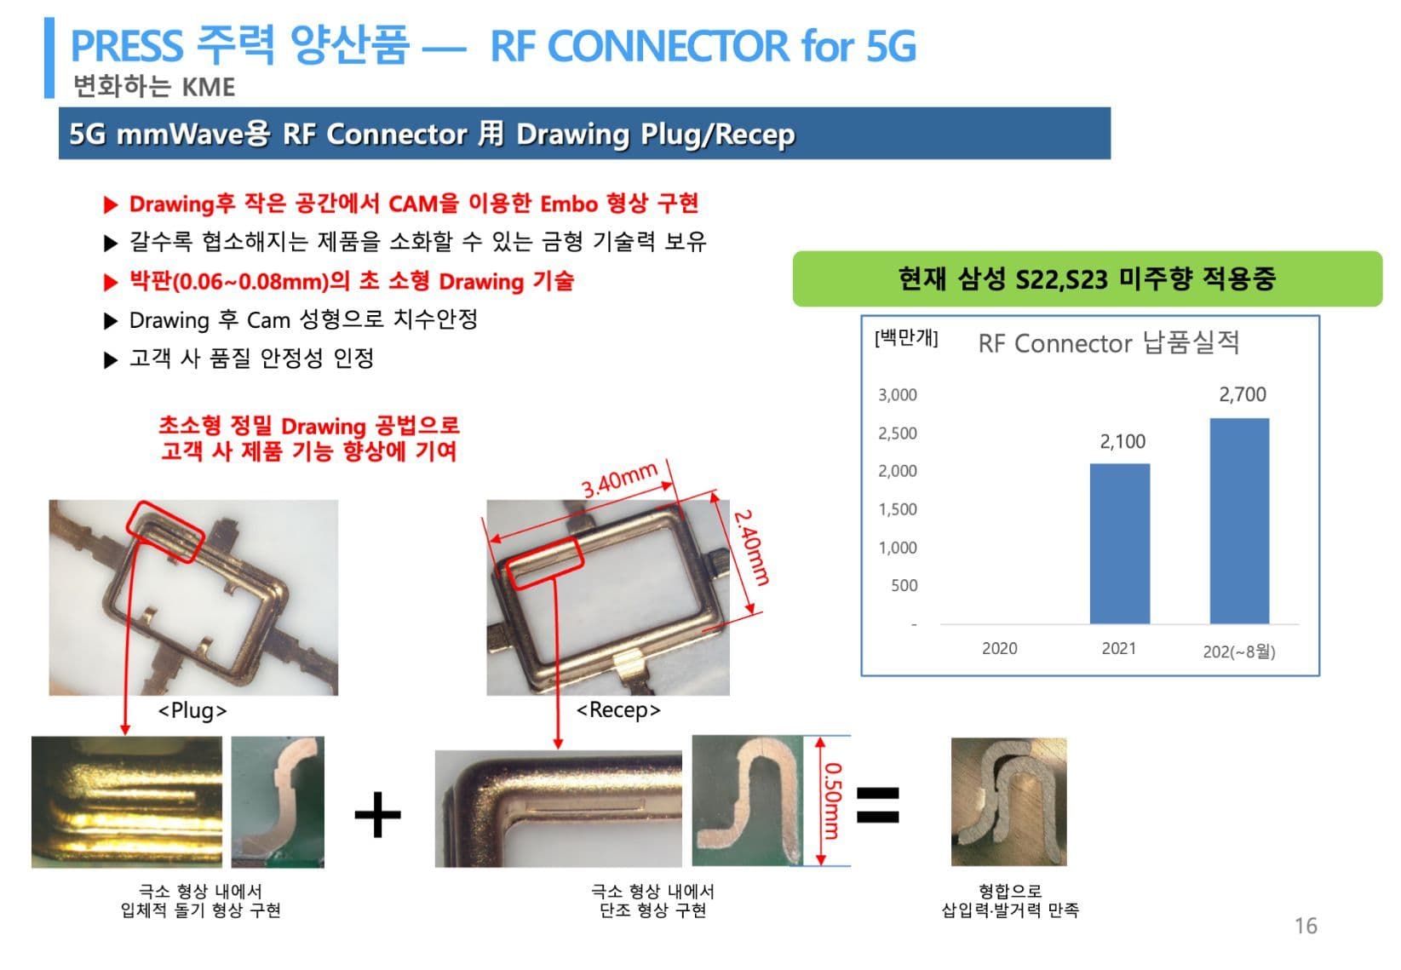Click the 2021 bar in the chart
click(x=1120, y=543)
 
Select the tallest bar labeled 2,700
click(x=1240, y=521)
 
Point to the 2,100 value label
click(x=1123, y=441)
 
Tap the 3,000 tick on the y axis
click(x=898, y=394)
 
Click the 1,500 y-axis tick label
click(x=898, y=509)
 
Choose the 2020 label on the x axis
click(x=1000, y=649)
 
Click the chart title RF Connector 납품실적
click(x=1108, y=342)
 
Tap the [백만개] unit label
click(x=906, y=338)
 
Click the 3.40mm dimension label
click(x=620, y=479)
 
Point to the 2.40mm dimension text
click(x=751, y=548)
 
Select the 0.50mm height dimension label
click(x=832, y=801)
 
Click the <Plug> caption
click(x=192, y=710)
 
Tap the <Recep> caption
click(x=618, y=710)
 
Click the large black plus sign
click(x=378, y=814)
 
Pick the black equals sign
click(x=878, y=804)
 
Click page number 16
click(x=1306, y=926)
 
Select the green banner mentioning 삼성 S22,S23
click(x=1087, y=279)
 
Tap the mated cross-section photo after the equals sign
click(x=1009, y=801)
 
